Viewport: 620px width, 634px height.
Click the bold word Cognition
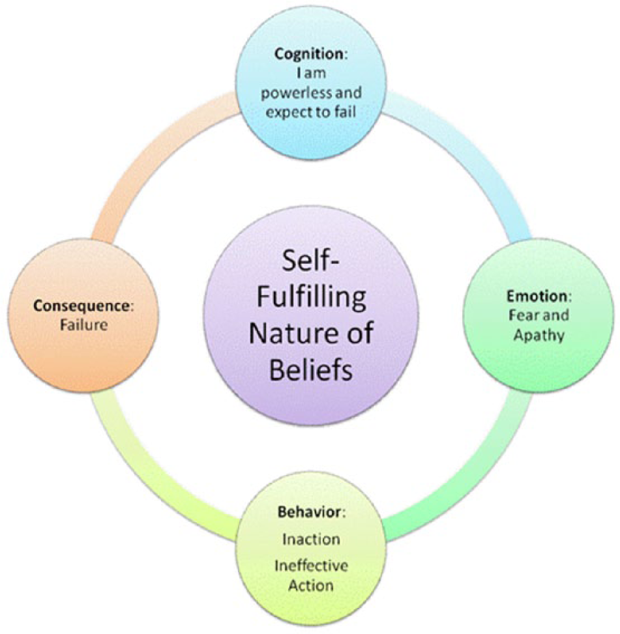pyautogui.click(x=308, y=54)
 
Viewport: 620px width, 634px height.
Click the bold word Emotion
pyautogui.click(x=537, y=296)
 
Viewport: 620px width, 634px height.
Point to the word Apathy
pyautogui.click(x=539, y=336)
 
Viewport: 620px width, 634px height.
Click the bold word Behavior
pyautogui.click(x=310, y=512)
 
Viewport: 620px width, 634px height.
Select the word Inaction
pyautogui.click(x=311, y=540)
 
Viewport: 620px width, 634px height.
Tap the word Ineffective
pyautogui.click(x=311, y=566)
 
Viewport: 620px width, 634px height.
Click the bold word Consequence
pyautogui.click(x=81, y=306)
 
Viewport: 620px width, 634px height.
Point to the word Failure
pyautogui.click(x=84, y=325)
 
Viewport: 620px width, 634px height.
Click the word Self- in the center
pyautogui.click(x=310, y=260)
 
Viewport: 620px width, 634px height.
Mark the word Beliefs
pyautogui.click(x=310, y=369)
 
